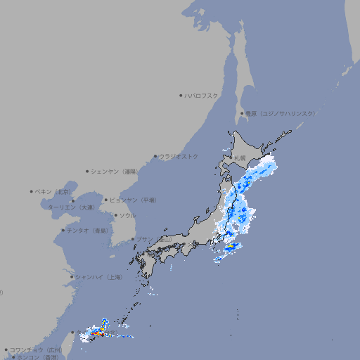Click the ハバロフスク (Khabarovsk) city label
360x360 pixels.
click(202, 95)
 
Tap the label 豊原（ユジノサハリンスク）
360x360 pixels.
click(280, 113)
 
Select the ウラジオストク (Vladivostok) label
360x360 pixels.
click(179, 156)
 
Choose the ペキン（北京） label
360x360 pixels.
click(53, 191)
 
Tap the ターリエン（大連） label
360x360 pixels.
click(70, 207)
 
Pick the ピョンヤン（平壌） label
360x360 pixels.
click(133, 200)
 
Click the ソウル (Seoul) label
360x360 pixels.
click(127, 215)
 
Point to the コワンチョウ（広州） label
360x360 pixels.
click(35, 349)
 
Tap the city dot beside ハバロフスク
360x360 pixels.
click(181, 95)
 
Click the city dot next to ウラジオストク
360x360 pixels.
click(155, 156)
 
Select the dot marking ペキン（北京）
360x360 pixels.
click(32, 191)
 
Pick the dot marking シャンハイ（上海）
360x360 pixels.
click(72, 277)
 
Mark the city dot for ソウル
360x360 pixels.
click(115, 215)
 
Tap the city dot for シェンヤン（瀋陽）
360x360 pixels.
click(88, 171)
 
